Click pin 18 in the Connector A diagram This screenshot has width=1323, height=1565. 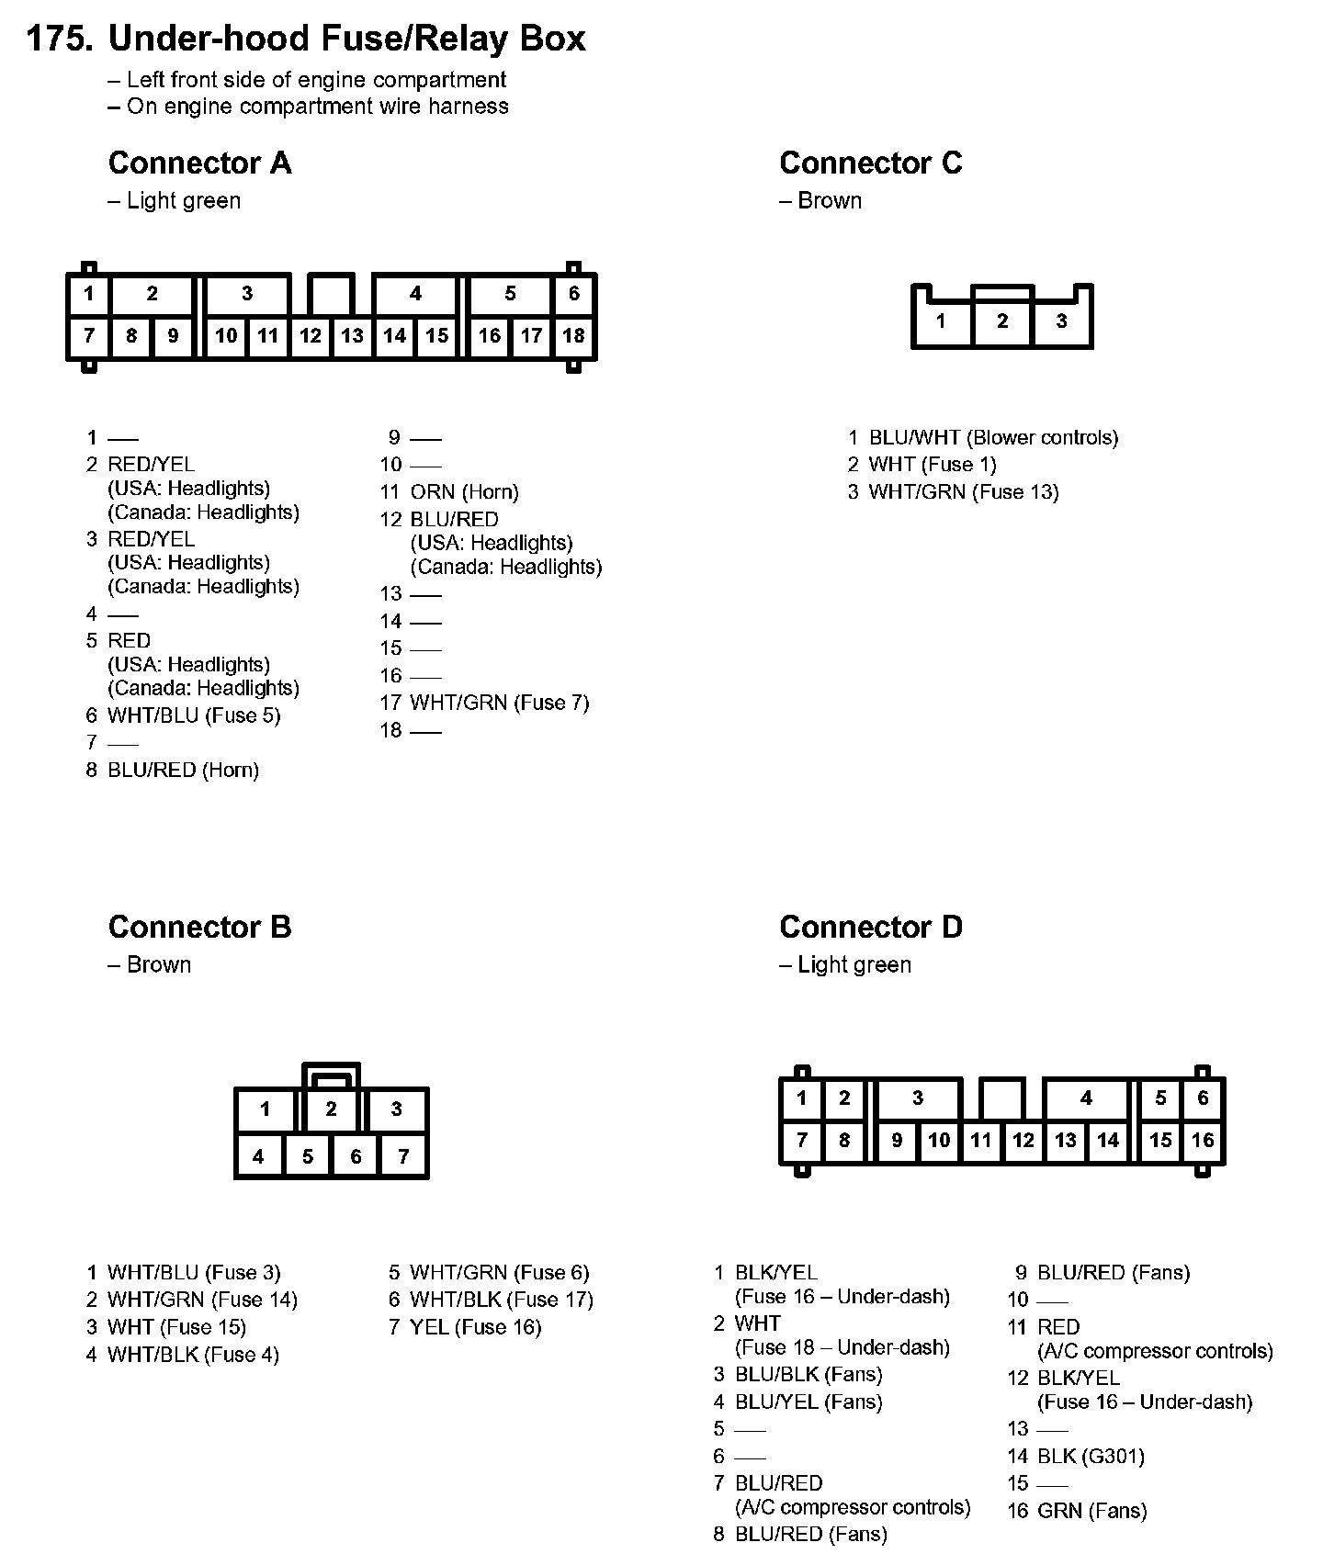573,336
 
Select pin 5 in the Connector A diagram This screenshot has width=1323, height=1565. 510,294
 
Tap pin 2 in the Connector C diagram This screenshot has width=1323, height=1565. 1002,321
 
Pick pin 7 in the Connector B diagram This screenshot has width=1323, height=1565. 403,1157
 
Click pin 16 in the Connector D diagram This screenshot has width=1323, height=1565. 1203,1141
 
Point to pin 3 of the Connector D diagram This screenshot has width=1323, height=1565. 918,1098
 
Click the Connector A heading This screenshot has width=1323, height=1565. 199,163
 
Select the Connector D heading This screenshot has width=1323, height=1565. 870,928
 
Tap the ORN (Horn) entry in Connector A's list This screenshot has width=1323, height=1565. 464,492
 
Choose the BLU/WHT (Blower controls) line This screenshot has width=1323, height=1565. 993,438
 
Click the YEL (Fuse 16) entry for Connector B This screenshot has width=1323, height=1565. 475,1327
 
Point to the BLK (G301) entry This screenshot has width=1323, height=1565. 1091,1456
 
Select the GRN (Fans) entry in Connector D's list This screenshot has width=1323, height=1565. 1091,1511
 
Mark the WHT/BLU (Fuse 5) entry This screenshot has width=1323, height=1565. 194,715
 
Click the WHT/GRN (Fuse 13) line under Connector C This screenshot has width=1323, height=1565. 963,492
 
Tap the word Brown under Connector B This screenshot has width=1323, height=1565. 159,965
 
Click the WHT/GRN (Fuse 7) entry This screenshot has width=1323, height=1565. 499,704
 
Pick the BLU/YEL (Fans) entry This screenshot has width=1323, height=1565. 808,1402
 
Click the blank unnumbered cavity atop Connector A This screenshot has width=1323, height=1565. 331,294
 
